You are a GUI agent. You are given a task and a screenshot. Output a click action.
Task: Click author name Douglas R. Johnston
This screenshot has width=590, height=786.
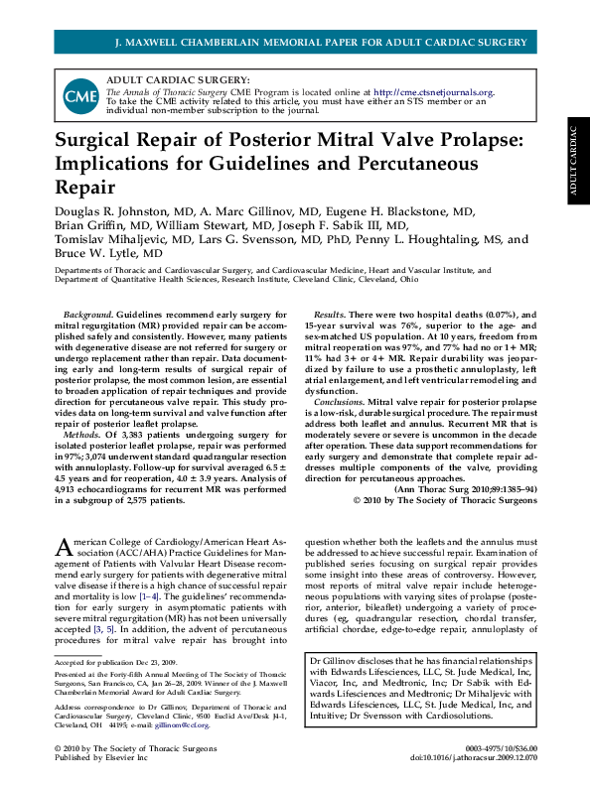(113, 212)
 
